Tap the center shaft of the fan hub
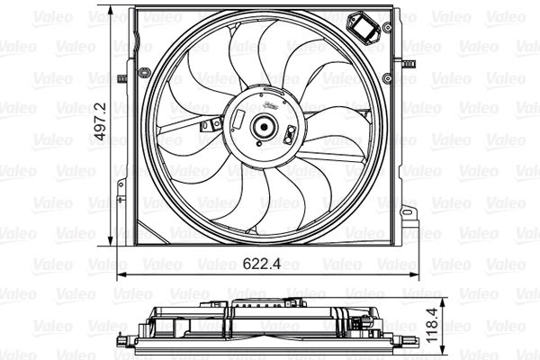[264, 127]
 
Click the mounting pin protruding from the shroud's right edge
[408, 64]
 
